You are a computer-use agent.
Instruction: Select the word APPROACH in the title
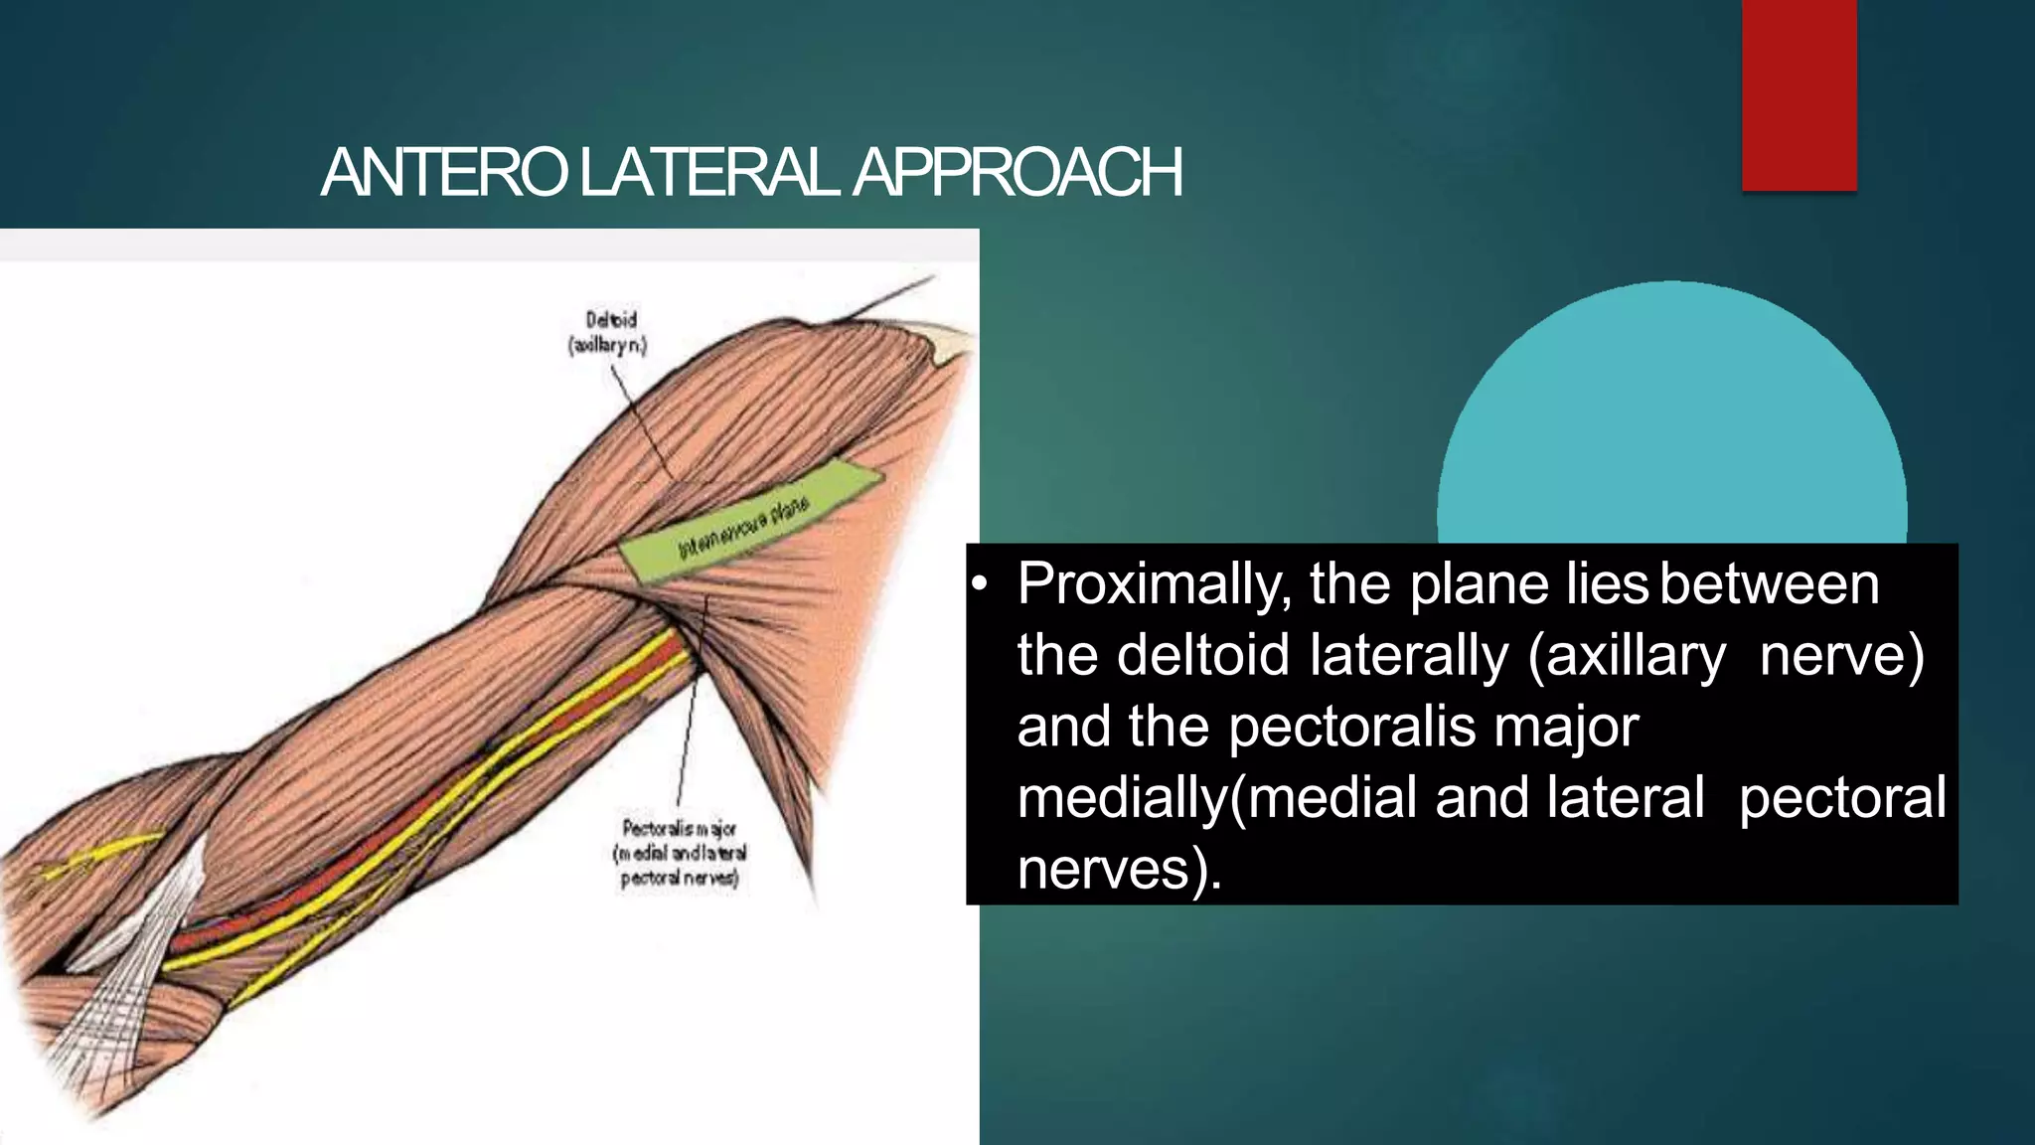coord(1017,173)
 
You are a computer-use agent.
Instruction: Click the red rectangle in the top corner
coord(1799,94)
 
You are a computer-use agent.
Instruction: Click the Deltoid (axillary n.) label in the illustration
coord(607,332)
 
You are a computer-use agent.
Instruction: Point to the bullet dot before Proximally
coord(979,585)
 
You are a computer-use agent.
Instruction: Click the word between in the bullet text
coord(1769,584)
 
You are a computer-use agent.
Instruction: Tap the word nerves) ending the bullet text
coord(1119,871)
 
